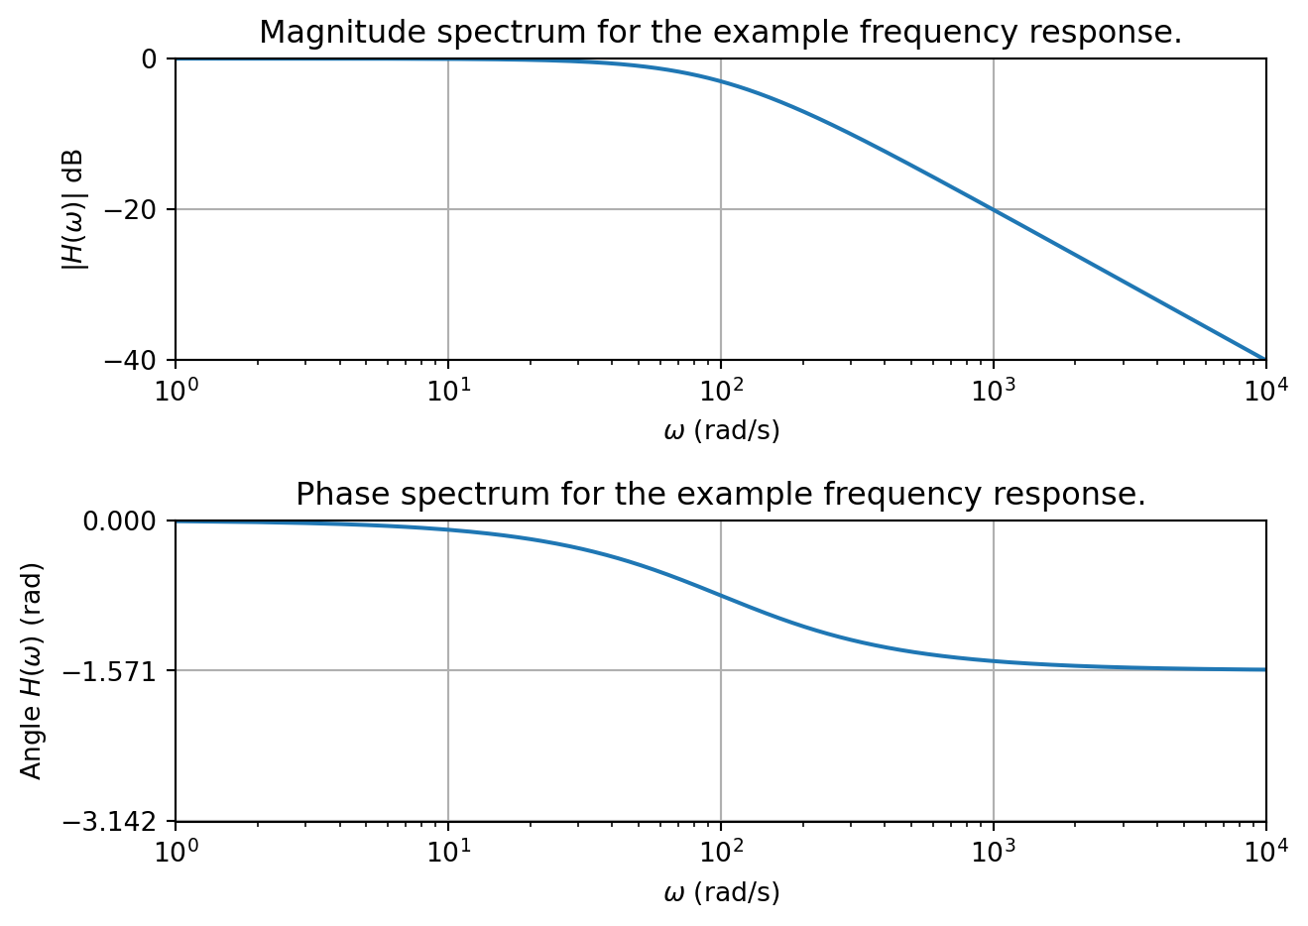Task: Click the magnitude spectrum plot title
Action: click(x=720, y=33)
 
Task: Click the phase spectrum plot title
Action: click(x=720, y=494)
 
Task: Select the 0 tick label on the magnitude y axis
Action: click(x=150, y=59)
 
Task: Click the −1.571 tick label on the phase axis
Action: click(x=111, y=671)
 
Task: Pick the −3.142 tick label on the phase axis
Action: click(x=111, y=822)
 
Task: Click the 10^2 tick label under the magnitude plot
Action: click(x=721, y=389)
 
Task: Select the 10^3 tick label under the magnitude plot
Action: click(x=994, y=389)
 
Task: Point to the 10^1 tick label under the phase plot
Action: click(x=448, y=851)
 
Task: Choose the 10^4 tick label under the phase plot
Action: click(x=1265, y=851)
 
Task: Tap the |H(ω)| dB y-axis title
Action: click(x=73, y=209)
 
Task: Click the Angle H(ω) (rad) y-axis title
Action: click(x=32, y=671)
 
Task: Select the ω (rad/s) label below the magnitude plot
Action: click(x=721, y=430)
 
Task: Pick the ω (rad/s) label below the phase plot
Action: click(x=721, y=892)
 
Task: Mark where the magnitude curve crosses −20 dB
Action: click(x=993, y=209)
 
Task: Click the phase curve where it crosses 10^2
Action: click(x=721, y=596)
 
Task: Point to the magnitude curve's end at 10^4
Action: click(x=1264, y=359)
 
